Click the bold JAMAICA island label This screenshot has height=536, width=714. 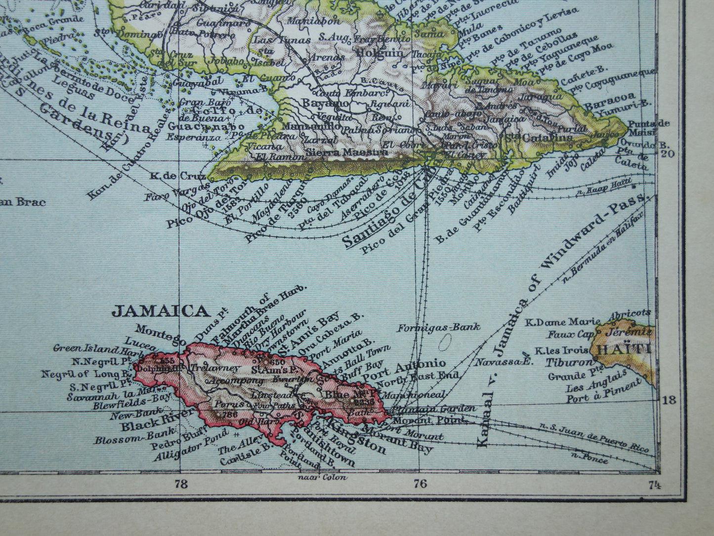point(159,311)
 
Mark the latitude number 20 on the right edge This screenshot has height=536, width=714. point(668,154)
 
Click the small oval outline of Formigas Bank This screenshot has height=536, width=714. point(449,341)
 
